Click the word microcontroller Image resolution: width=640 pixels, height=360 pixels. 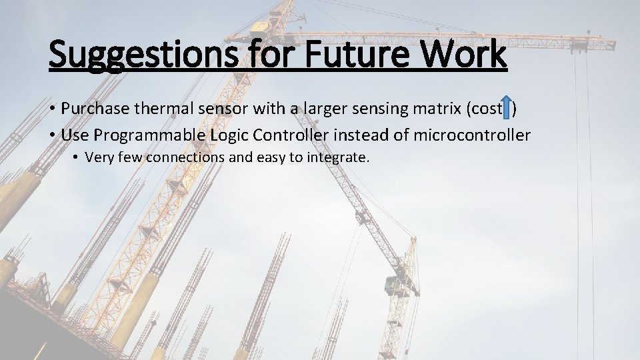coord(472,135)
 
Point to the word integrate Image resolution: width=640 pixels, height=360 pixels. coord(339,158)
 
